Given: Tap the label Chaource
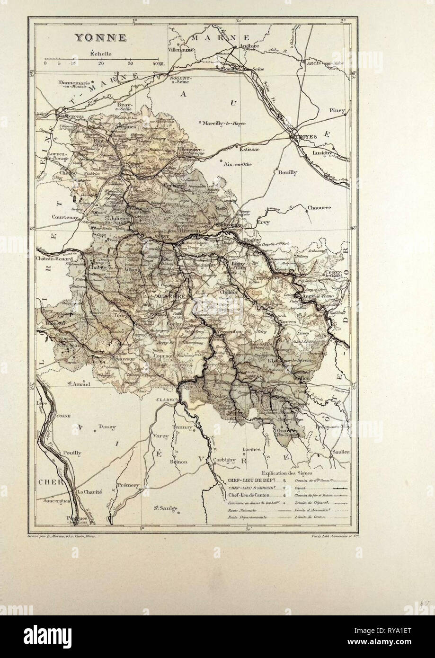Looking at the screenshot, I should click(x=319, y=207).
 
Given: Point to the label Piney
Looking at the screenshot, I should click(x=338, y=110).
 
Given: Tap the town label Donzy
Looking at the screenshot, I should click(x=107, y=427).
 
